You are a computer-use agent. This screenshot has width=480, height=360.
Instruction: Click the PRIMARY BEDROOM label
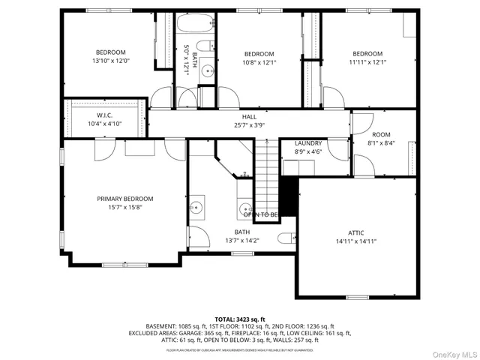click(124, 199)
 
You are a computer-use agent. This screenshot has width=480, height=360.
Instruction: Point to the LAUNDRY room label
click(308, 142)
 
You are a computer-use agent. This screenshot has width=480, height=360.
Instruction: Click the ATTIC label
click(355, 232)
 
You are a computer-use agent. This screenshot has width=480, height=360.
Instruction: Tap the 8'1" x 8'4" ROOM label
click(381, 135)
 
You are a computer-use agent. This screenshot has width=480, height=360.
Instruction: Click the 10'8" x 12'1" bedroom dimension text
click(258, 63)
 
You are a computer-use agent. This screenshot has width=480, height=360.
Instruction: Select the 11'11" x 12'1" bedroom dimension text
click(367, 63)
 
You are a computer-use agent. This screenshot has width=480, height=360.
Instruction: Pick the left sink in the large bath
click(196, 205)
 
